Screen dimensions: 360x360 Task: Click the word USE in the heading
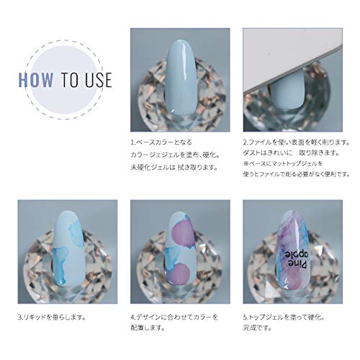pos(96,78)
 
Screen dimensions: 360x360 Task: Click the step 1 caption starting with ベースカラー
pos(161,142)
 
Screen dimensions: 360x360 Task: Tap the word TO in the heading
pos(71,78)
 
